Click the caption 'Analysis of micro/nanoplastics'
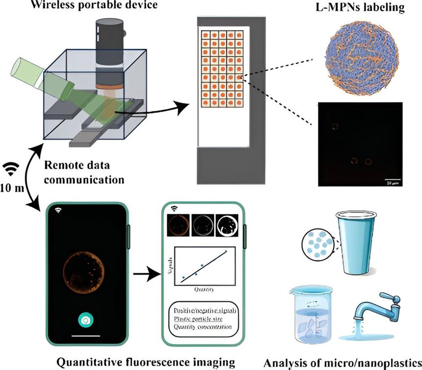343,363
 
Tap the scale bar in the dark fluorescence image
392,179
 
